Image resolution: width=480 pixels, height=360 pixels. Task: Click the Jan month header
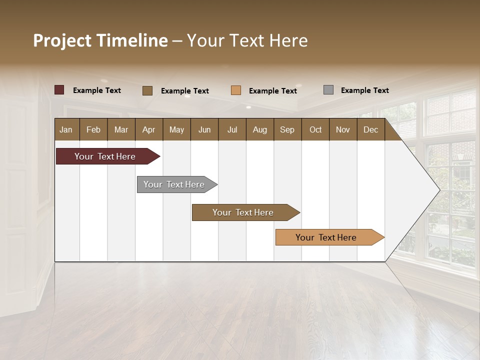point(66,130)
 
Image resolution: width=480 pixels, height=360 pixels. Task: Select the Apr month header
point(149,130)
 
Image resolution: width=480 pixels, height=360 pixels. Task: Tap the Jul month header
point(232,130)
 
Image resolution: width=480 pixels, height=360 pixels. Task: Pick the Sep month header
point(287,130)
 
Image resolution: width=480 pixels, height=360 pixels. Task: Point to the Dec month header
point(371,130)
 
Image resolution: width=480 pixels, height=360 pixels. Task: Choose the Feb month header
point(93,130)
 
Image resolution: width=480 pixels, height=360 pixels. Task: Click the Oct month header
point(315,130)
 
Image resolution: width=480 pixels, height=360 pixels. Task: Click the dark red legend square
point(59,90)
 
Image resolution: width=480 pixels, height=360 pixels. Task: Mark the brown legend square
point(147,90)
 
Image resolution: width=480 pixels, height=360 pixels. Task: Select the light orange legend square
point(236,90)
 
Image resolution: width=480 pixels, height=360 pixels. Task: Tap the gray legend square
point(328,90)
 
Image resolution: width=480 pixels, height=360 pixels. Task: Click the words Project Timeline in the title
point(100,40)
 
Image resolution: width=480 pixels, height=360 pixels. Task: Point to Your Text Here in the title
point(247,40)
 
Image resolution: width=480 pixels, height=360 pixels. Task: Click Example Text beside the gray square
point(364,90)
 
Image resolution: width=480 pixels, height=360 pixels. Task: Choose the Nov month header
point(343,130)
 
